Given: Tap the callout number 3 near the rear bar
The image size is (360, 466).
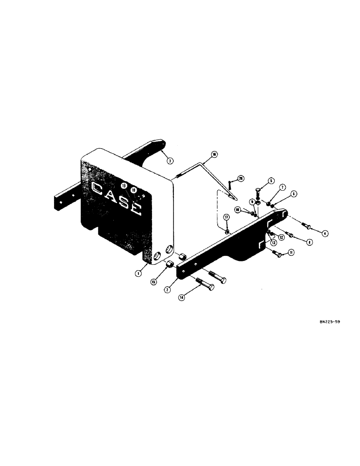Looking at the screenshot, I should coord(170,160).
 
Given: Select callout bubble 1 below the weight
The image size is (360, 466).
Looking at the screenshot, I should coord(138,274).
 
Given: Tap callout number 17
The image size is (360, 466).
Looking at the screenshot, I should coord(226,217).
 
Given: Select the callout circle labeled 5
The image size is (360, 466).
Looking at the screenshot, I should coord(271,181).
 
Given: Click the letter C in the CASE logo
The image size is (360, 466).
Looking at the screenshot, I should coord(99,189).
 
